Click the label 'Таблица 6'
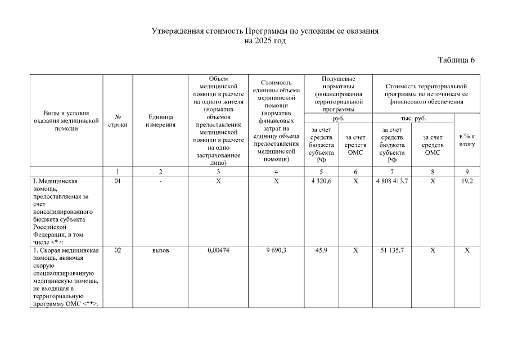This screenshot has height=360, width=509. [x=456, y=61]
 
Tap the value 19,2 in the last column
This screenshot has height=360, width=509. [x=467, y=182]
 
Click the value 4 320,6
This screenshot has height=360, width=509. [x=321, y=182]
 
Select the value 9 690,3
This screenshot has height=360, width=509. [x=276, y=251]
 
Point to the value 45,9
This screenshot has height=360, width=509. [x=321, y=251]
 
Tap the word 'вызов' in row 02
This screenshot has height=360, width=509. [x=160, y=251]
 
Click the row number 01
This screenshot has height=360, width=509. [x=118, y=182]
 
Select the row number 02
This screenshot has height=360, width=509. [x=118, y=251]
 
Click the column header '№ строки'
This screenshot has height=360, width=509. [x=118, y=120]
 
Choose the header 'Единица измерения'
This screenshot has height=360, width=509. [x=160, y=120]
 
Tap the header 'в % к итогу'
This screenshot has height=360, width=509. [x=467, y=140]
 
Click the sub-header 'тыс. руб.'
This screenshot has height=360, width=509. [x=413, y=118]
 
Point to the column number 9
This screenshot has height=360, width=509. [x=467, y=171]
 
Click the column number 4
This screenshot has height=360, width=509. [x=276, y=171]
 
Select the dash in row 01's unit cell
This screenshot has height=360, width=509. [x=160, y=182]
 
